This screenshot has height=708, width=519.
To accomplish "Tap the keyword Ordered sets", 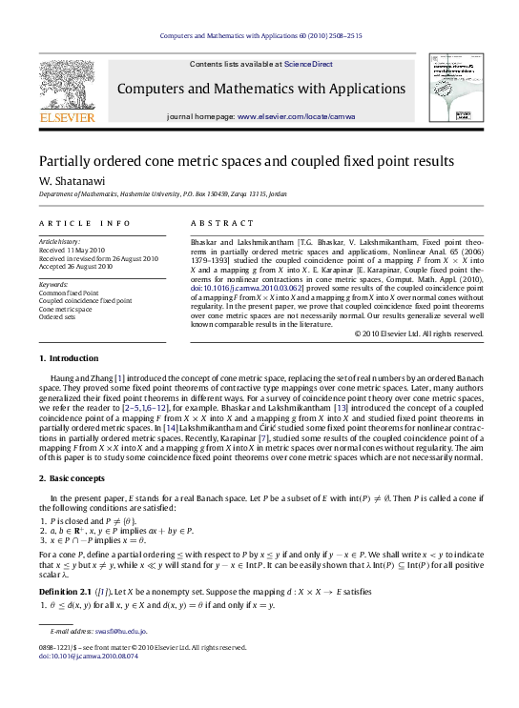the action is pos(57,316).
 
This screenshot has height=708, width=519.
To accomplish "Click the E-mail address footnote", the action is pos(98,657).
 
